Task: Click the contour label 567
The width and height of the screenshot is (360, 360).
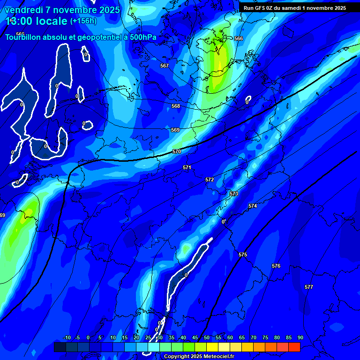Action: pos(164,66)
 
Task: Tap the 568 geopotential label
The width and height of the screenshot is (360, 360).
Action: pos(176,106)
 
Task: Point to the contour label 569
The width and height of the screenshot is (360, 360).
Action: pos(175,130)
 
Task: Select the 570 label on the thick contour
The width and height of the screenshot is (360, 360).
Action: pos(177,151)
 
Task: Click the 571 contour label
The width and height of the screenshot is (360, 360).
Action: pos(187,167)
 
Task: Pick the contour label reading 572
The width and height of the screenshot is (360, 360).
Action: pos(210,180)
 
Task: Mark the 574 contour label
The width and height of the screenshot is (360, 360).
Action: pos(253,206)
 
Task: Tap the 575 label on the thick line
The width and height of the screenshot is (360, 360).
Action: pos(243,255)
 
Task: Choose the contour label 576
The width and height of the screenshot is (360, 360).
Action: pos(276,266)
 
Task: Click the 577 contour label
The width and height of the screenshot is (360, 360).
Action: pos(308,287)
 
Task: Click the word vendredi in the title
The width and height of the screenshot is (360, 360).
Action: pos(24,10)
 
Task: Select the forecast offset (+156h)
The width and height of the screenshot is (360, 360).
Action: pos(83,21)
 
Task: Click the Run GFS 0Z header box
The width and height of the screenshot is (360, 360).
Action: pos(295,8)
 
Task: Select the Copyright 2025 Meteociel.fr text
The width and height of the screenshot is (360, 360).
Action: pos(199,356)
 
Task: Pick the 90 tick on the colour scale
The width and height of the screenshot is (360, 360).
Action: pos(300,338)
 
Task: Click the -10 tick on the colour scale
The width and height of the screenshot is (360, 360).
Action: pos(67,338)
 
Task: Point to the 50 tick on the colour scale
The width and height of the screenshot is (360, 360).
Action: pos(207,338)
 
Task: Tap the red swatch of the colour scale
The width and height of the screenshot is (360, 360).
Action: pos(294,347)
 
